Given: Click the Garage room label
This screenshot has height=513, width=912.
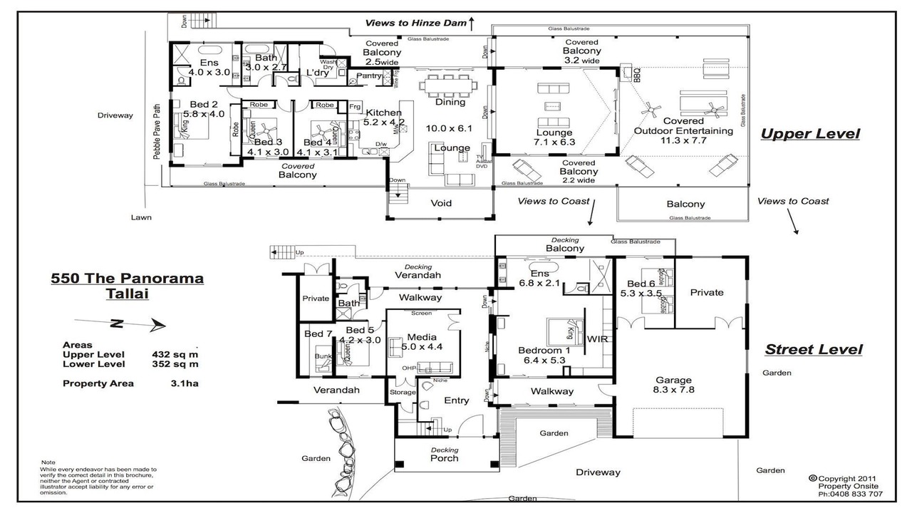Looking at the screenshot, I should [674, 380].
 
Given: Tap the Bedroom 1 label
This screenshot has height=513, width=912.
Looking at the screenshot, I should [544, 350].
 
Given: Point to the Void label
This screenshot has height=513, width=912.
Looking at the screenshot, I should [441, 203].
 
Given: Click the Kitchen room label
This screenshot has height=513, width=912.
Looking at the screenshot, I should [383, 113].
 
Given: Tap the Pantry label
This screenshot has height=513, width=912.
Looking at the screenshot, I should [369, 76].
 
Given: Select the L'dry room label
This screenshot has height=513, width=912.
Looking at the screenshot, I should [316, 73].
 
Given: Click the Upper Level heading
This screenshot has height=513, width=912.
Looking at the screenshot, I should [809, 134].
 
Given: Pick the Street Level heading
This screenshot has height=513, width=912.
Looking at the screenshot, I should [813, 349].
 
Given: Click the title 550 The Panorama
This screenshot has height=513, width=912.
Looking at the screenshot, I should [127, 279].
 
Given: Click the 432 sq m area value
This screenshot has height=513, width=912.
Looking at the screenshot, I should [175, 354].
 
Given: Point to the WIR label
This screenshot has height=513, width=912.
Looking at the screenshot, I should [598, 338].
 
